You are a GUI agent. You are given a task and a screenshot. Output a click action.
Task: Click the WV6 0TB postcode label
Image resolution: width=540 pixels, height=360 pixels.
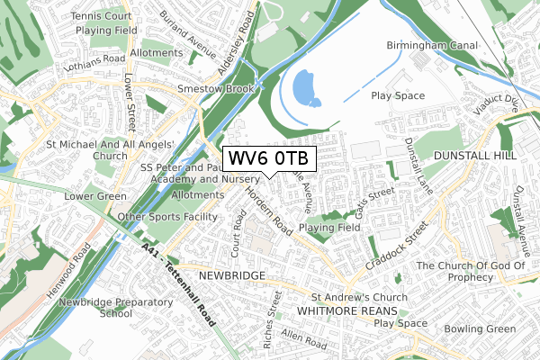pos(268,159)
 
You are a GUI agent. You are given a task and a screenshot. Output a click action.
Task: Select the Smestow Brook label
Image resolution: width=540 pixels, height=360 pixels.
pos(219,88)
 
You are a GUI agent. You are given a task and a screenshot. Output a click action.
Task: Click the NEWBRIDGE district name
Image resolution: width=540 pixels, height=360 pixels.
pos(231,274)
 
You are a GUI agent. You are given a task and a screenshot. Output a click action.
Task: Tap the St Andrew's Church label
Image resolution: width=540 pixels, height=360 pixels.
pos(359,297)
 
